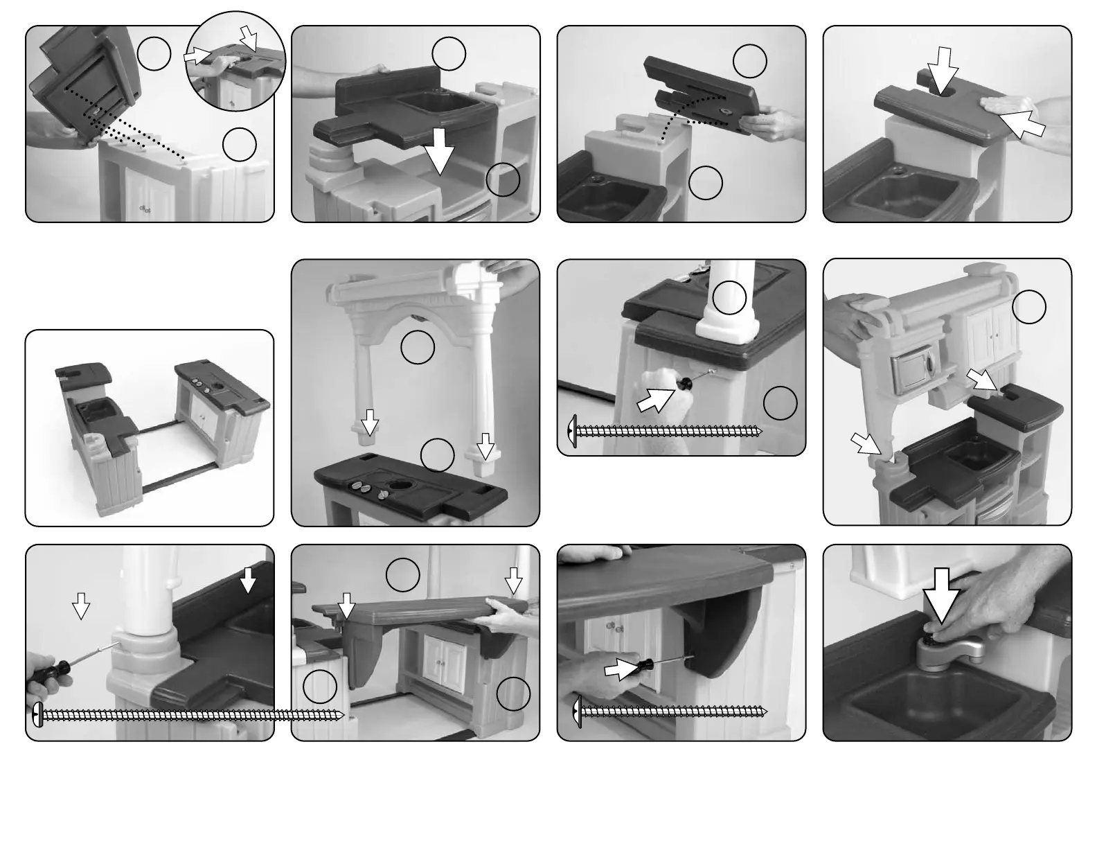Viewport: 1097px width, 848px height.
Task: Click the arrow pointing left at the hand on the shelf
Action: (x=1022, y=123)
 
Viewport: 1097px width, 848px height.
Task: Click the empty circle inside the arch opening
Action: (x=418, y=348)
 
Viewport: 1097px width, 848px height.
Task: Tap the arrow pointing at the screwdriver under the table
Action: (x=621, y=670)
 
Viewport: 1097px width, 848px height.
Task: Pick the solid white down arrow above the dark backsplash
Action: (x=247, y=579)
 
